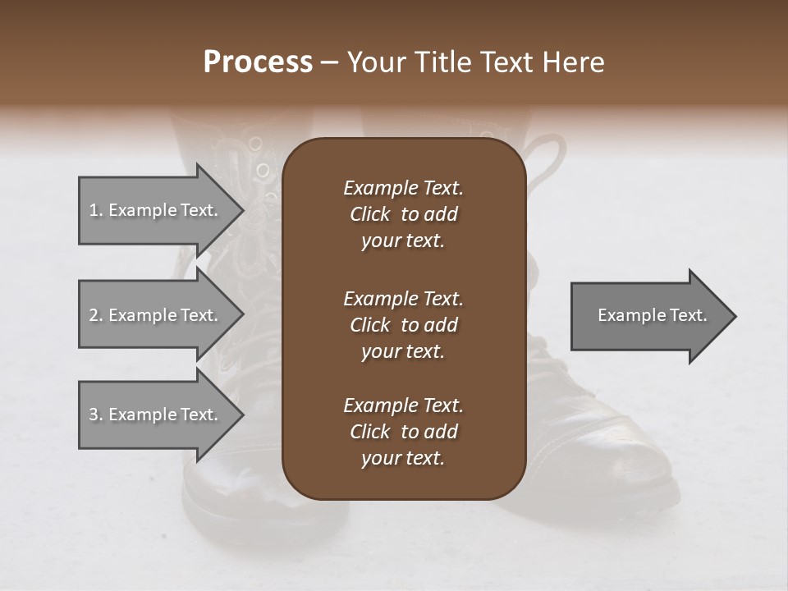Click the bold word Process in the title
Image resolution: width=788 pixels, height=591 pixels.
point(258,62)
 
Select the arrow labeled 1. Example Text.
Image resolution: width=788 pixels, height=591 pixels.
point(153,210)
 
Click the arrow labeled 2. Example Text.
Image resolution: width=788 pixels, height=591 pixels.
point(153,315)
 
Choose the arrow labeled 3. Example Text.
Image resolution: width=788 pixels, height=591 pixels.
point(153,415)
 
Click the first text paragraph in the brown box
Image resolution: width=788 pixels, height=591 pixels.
point(403,214)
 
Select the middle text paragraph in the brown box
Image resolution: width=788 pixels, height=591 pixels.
point(403,325)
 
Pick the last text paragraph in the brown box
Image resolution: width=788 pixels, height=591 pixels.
point(403,432)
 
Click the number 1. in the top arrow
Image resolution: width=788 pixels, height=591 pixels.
point(96,210)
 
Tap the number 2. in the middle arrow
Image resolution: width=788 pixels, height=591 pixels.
point(96,315)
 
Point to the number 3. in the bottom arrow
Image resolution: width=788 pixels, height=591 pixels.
point(96,415)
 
